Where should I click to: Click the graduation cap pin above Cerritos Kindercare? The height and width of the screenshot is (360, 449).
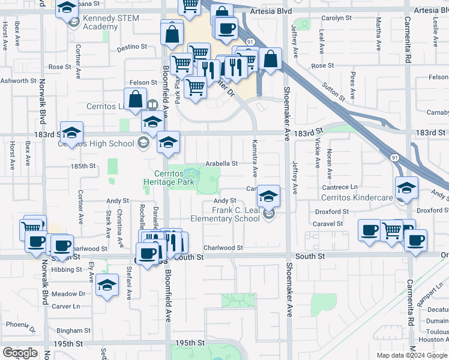(x=406, y=188)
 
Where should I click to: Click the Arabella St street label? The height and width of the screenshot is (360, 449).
(x=222, y=163)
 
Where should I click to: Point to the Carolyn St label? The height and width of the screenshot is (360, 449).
(x=336, y=19)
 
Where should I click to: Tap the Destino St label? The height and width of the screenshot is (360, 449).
(x=135, y=46)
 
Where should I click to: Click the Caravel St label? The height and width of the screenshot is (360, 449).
(x=328, y=223)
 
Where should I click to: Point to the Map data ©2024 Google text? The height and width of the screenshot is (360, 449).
(x=411, y=355)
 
